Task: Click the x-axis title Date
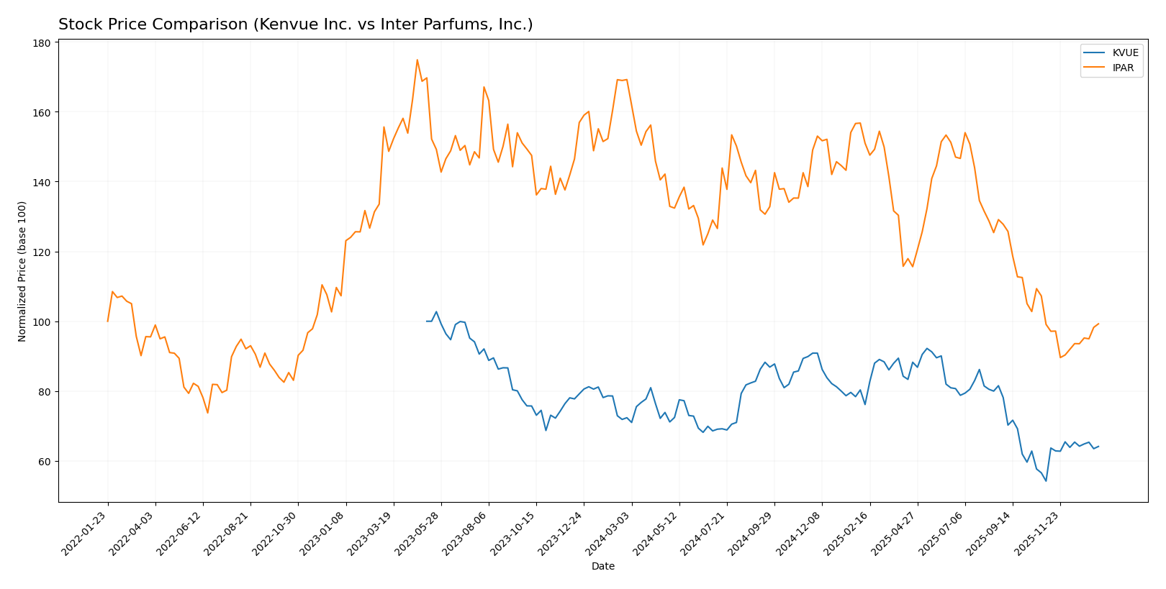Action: [603, 567]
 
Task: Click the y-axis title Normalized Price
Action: [22, 271]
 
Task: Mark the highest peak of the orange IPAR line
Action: [417, 60]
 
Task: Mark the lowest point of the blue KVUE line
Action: [1046, 480]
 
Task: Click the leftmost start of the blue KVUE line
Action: [427, 321]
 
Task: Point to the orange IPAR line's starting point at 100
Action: [108, 321]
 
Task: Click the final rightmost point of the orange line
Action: [1098, 324]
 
